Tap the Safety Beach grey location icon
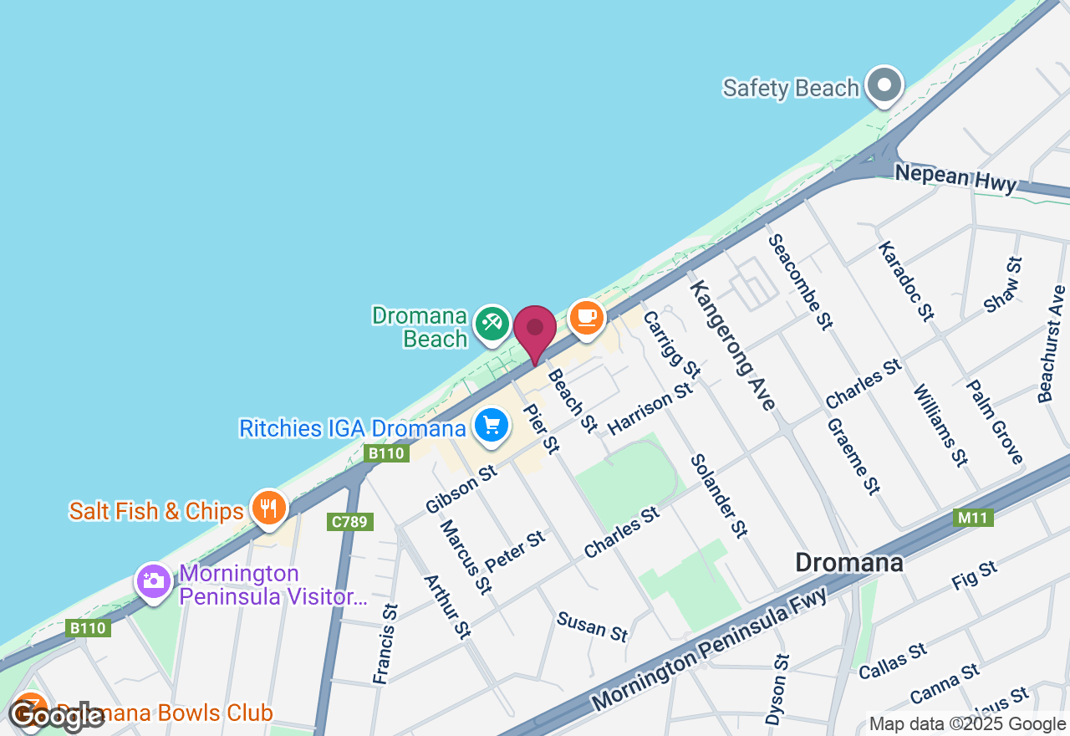tap(883, 85)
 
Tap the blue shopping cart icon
tap(491, 426)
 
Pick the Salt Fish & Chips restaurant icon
tap(268, 507)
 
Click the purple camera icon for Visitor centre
tap(154, 580)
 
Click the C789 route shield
tap(350, 522)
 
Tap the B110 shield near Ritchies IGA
tap(387, 453)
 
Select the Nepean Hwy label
tap(955, 178)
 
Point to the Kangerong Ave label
tap(733, 344)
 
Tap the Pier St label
tap(540, 429)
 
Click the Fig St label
tap(975, 576)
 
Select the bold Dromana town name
tap(848, 562)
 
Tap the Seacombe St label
tap(800, 280)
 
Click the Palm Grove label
tap(995, 422)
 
